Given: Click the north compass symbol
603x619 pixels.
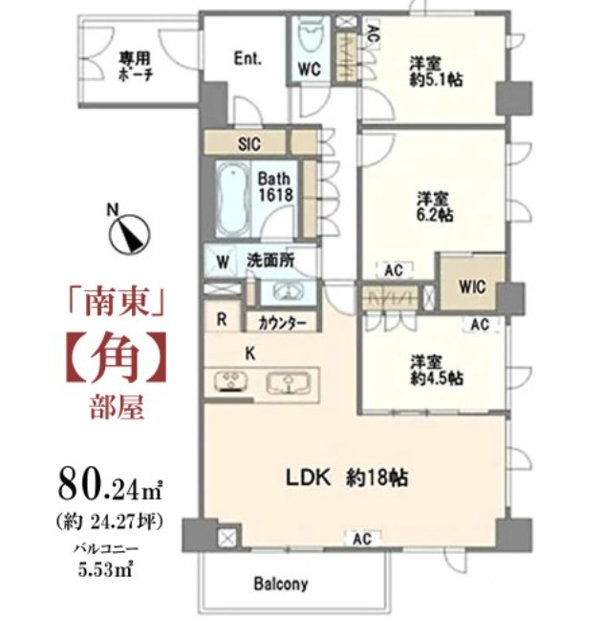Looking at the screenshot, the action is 129,234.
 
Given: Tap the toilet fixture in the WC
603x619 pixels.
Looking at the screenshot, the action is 311,38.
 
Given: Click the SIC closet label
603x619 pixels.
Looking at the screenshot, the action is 248,143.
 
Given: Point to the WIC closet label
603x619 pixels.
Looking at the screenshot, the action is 472,287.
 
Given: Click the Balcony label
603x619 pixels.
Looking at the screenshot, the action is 280,584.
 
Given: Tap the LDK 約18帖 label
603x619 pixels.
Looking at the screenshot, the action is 347,479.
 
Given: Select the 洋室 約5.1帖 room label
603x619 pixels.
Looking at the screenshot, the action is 436,72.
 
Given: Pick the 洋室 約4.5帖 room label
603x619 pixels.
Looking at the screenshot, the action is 437,371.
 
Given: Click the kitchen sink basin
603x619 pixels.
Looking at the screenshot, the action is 289,383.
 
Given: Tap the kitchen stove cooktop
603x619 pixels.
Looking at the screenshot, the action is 231,382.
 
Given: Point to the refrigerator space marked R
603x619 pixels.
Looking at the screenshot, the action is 222,320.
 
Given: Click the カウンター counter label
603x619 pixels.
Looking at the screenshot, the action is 282,324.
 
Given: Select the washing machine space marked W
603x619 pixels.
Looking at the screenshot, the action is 223,262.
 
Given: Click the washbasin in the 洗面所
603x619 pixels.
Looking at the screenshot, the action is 288,291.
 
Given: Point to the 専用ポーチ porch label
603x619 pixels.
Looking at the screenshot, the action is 136,67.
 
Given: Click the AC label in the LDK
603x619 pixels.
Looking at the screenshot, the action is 362,540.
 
